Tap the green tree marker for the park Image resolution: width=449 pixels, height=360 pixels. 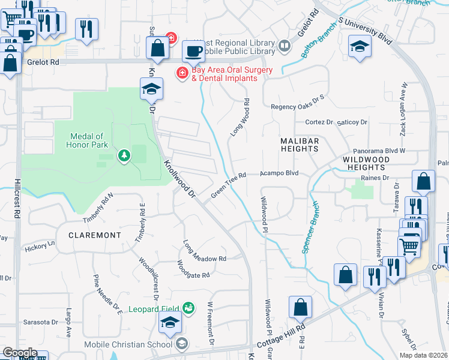click(x=124, y=156)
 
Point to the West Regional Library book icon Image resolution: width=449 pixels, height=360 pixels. click(x=285, y=44)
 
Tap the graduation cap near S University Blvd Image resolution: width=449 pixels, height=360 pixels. click(x=359, y=47)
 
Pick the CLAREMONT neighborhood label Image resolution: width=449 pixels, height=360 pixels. click(x=95, y=235)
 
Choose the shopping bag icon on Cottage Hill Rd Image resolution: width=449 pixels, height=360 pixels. click(x=300, y=308)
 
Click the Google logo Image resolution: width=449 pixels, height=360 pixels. click(x=20, y=352)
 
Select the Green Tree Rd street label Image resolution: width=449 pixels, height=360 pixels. click(x=229, y=184)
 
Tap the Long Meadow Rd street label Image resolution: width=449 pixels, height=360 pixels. click(x=205, y=251)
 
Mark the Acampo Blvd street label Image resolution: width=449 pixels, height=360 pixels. click(x=279, y=173)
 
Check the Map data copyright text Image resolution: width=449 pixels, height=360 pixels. click(x=423, y=355)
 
